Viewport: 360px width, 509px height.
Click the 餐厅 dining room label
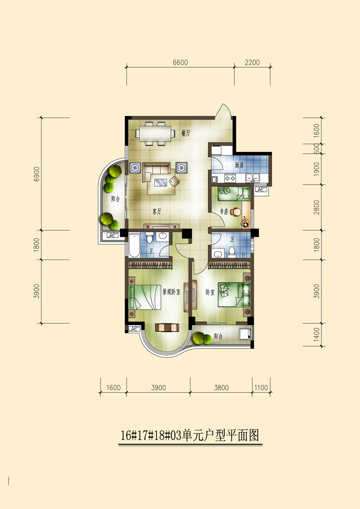186,133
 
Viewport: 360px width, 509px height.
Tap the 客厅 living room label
157,212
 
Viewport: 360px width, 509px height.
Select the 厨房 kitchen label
239,165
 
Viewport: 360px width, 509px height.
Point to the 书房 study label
224,212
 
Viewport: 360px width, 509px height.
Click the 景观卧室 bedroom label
171,292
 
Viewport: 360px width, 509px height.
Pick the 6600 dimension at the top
180,62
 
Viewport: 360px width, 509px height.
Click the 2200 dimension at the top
252,62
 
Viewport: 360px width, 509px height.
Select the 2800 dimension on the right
317,208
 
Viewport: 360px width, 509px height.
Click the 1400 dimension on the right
317,335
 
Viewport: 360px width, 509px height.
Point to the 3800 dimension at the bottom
221,388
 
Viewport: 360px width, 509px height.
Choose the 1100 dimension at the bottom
261,388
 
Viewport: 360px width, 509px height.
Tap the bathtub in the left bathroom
134,245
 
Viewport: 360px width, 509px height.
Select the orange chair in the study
236,212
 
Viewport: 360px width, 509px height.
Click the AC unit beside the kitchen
260,190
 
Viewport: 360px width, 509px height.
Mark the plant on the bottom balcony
202,339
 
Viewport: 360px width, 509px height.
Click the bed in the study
234,193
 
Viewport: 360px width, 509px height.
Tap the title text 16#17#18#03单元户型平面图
190,435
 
